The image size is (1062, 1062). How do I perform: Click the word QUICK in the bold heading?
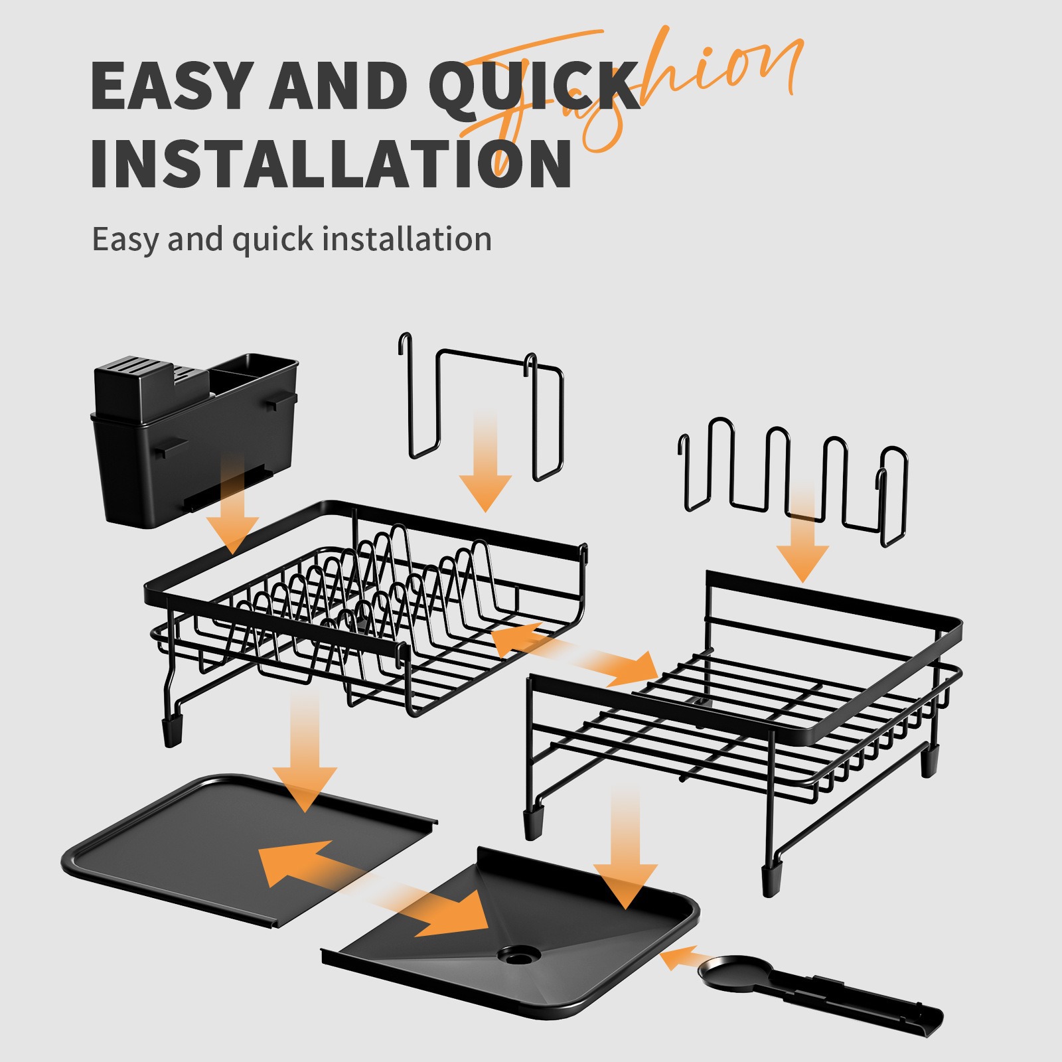(531, 86)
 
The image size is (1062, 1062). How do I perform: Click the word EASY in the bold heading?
(174, 86)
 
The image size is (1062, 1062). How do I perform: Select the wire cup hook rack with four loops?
(793, 478)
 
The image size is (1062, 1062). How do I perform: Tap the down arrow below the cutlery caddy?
(232, 511)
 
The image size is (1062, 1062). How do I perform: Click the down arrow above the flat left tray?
(305, 757)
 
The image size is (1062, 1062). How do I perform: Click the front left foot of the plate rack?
(172, 730)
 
